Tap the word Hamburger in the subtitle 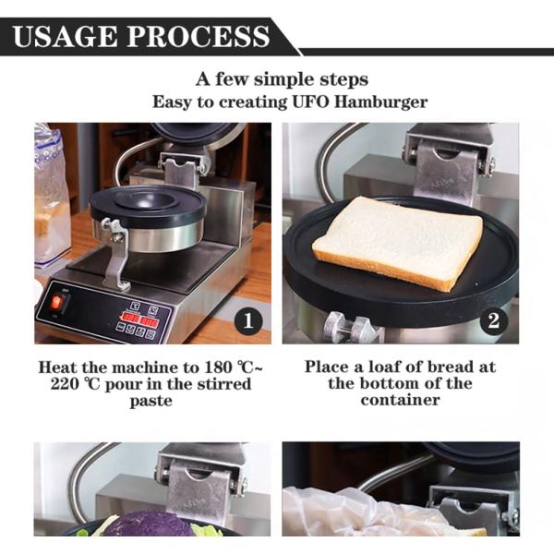[x=381, y=102]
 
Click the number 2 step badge [x=494, y=321]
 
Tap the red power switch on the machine [x=58, y=303]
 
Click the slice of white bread [x=397, y=241]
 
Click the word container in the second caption [x=400, y=400]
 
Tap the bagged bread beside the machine [x=51, y=199]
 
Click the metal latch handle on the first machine [x=114, y=250]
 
